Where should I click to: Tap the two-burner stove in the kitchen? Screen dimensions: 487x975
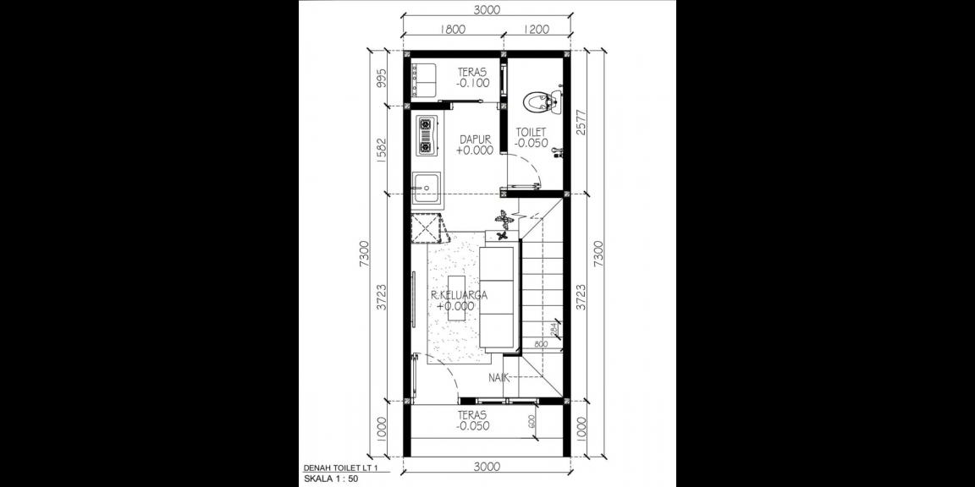coord(424,136)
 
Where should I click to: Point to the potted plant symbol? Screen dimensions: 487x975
coord(504,219)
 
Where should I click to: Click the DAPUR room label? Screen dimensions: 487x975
coord(476,139)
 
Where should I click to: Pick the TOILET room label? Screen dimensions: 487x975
coord(531,132)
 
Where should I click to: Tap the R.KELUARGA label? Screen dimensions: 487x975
coord(459,295)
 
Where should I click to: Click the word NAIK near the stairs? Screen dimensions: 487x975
coord(499,377)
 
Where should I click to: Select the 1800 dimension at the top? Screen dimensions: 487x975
coord(453,30)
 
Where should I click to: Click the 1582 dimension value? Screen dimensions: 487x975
coord(382,150)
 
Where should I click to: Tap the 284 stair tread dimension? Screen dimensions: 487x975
coord(554,329)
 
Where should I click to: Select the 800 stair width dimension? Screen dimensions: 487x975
coord(540,346)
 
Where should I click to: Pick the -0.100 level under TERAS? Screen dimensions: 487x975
coord(472,84)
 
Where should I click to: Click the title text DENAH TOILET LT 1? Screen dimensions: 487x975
coord(339,468)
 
